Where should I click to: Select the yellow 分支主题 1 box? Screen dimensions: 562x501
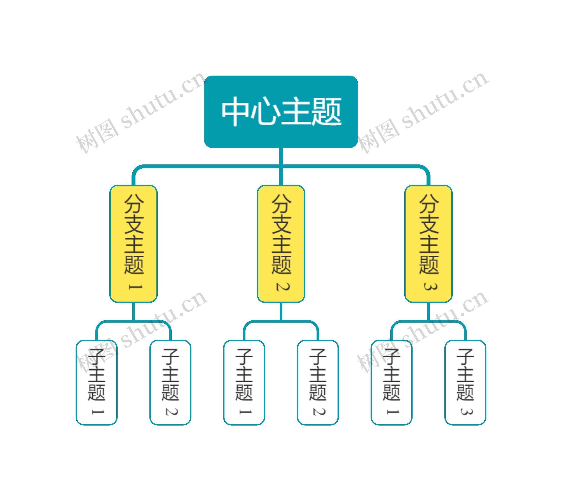pyautogui.click(x=133, y=244)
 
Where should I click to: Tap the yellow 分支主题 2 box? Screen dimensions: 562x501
pyautogui.click(x=281, y=244)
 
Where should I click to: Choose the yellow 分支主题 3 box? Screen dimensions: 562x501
pyautogui.click(x=428, y=244)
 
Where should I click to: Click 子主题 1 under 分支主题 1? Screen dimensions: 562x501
pyautogui.click(x=96, y=383)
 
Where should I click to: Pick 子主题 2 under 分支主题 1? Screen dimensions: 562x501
pyautogui.click(x=170, y=383)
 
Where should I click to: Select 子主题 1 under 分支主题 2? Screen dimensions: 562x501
pyautogui.click(x=244, y=383)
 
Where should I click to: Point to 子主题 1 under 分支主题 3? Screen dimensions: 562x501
pyautogui.click(x=391, y=383)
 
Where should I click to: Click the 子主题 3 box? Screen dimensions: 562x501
pyautogui.click(x=465, y=383)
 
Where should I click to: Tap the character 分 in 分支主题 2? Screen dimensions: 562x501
pyautogui.click(x=281, y=204)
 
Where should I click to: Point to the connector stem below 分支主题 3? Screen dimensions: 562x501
pyautogui.click(x=428, y=311)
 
